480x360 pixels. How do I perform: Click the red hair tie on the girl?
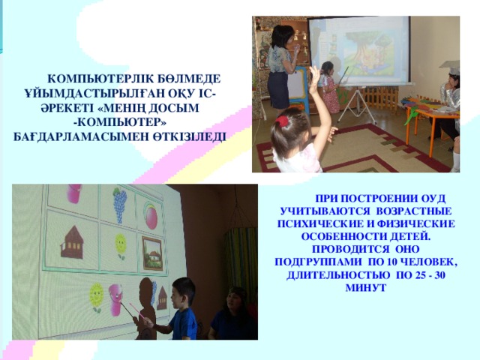(x=281, y=121)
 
